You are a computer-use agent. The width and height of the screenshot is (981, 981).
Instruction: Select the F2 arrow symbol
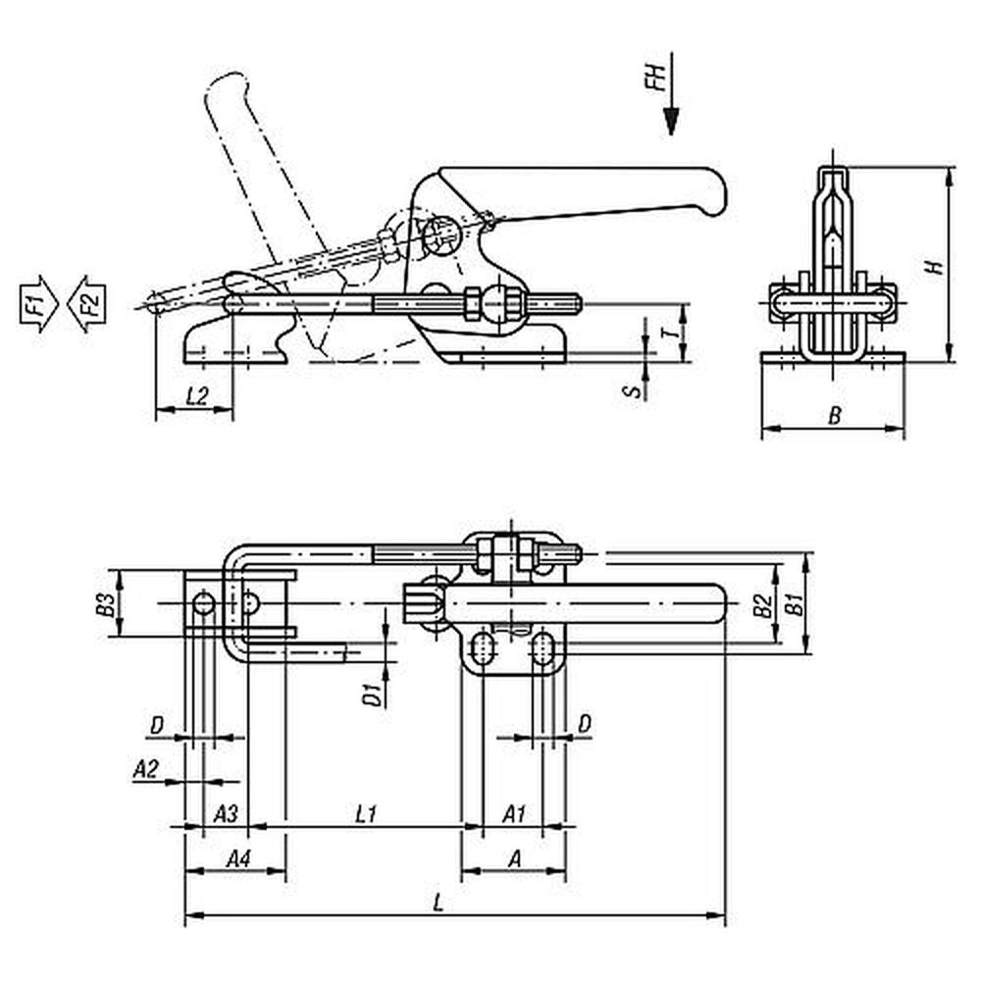[87, 303]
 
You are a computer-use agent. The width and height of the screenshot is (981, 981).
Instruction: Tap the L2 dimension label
[196, 395]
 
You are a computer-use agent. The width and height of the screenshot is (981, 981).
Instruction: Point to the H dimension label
[935, 267]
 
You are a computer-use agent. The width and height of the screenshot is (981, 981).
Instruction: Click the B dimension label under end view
[835, 415]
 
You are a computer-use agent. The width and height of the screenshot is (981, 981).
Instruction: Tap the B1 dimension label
[795, 604]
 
